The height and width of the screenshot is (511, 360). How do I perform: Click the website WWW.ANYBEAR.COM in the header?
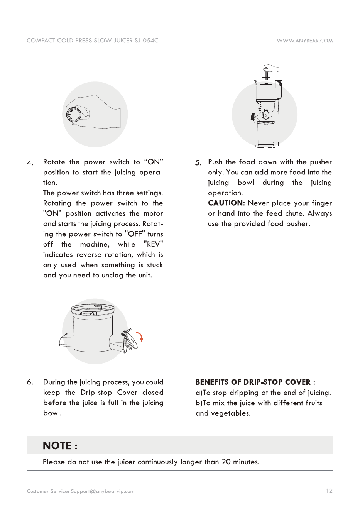(304, 41)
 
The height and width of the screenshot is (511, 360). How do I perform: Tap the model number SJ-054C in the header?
(146, 41)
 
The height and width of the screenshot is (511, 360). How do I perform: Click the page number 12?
(329, 491)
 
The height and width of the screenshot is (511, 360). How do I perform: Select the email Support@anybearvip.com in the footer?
(102, 491)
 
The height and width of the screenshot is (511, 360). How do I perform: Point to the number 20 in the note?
(226, 462)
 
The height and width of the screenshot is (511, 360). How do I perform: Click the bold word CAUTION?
(226, 203)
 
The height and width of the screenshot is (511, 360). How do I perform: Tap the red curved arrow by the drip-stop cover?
(140, 337)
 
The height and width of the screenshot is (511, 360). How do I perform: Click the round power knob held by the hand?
(73, 114)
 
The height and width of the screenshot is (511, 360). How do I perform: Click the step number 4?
(30, 163)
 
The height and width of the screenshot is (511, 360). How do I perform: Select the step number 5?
(198, 163)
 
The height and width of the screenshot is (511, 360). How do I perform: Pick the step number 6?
(30, 382)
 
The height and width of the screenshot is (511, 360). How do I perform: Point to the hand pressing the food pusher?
(271, 68)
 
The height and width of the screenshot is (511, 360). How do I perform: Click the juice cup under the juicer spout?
(266, 134)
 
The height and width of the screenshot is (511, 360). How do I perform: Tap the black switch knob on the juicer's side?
(253, 117)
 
